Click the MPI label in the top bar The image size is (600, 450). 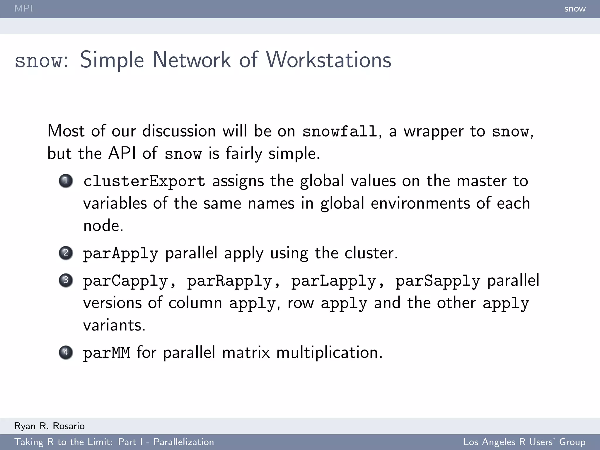point(23,8)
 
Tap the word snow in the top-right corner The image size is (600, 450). point(575,9)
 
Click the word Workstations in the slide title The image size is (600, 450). point(328,60)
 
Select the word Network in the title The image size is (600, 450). point(191,60)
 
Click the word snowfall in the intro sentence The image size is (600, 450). point(340,131)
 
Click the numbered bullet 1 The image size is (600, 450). point(66,181)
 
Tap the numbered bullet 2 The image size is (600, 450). point(66,253)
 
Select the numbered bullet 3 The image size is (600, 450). point(66,280)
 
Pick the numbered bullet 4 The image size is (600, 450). point(66,352)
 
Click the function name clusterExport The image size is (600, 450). point(144,181)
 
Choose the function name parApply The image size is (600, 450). point(120,253)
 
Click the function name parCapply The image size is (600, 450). point(125,281)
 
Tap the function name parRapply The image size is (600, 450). point(229,281)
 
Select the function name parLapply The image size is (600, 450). point(333,281)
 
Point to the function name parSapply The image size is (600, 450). point(438,281)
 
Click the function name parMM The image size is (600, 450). point(106,352)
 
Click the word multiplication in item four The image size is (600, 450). point(329,352)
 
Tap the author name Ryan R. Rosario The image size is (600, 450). point(49,426)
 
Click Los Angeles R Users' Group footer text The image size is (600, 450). point(524,442)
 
